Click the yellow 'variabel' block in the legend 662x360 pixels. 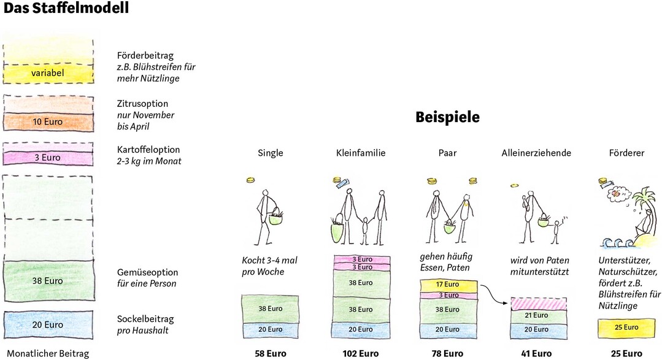click(x=48, y=74)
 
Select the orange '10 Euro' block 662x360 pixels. click(x=48, y=122)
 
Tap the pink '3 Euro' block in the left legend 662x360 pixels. click(x=48, y=158)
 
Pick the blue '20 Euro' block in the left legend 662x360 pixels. click(x=48, y=324)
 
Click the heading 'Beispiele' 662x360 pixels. click(x=447, y=117)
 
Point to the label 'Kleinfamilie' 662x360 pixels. click(x=361, y=153)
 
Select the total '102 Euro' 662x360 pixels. click(x=361, y=353)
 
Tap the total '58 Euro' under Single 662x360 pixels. click(x=270, y=353)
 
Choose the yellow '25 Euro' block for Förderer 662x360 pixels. click(x=626, y=327)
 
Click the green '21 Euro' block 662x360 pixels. click(x=536, y=315)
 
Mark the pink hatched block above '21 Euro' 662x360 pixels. click(x=536, y=303)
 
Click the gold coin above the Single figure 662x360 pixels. click(x=251, y=180)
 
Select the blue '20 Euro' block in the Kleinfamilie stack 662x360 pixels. click(x=361, y=329)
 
